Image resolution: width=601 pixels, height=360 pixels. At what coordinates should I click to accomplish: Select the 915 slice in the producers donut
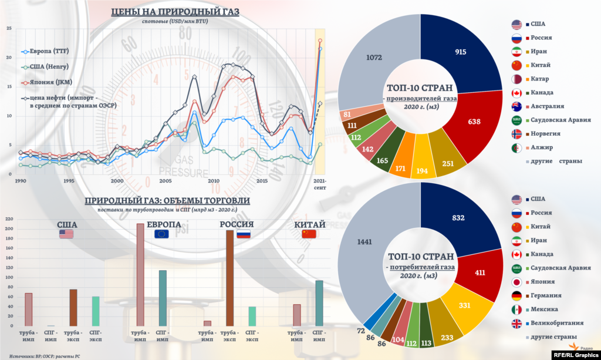pyautogui.click(x=460, y=53)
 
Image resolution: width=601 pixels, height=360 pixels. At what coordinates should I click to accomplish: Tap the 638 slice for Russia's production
pyautogui.click(x=474, y=122)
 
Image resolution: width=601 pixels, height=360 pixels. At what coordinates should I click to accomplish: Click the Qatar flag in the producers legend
pyautogui.click(x=516, y=79)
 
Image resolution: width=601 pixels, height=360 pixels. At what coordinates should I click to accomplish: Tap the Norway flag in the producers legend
pyautogui.click(x=516, y=133)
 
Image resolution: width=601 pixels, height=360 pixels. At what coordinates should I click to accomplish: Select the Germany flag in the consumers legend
pyautogui.click(x=516, y=295)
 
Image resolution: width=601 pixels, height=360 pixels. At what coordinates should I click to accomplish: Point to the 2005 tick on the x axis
pyautogui.click(x=165, y=181)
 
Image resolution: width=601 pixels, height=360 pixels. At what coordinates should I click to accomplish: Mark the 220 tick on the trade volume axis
pyautogui.click(x=9, y=219)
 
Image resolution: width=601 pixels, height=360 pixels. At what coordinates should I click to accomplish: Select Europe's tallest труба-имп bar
pyautogui.click(x=140, y=274)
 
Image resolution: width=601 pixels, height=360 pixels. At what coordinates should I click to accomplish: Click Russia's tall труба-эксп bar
pyautogui.click(x=229, y=278)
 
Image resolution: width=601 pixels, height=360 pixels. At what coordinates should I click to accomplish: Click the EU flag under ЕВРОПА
pyautogui.click(x=161, y=234)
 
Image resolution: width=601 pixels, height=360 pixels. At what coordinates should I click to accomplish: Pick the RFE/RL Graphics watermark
pyautogui.click(x=575, y=355)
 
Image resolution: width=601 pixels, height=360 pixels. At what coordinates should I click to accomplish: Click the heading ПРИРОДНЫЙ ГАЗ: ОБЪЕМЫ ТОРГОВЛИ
pyautogui.click(x=167, y=200)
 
